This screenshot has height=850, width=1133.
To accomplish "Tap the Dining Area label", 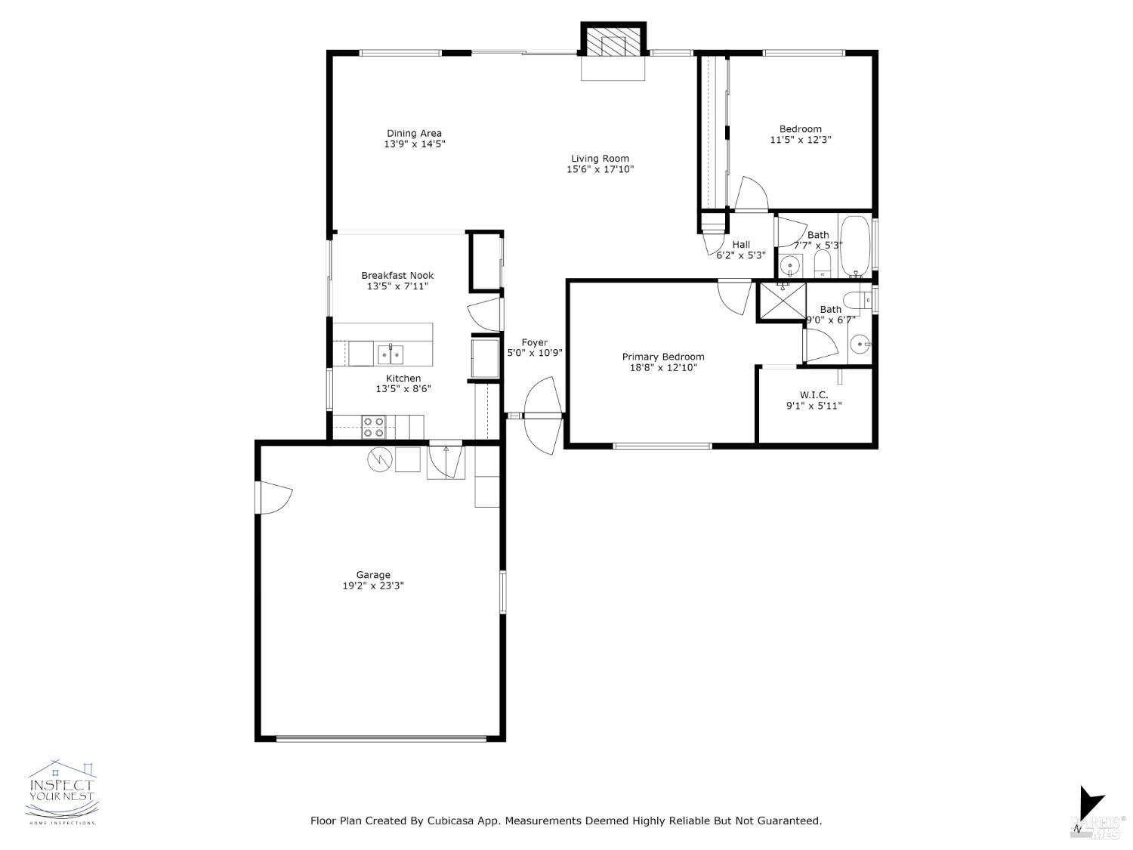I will pos(414,134).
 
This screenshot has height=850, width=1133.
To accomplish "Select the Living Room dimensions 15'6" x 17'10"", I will pos(600,169).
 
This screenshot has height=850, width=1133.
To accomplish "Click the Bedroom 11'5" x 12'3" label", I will pos(801,134).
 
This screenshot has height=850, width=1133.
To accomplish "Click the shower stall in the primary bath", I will pos(782,301).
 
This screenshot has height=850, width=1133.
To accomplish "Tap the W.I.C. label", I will pos(813,395).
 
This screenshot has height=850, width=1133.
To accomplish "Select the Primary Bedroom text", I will pos(662,357).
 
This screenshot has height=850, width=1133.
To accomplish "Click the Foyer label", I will pos(534,342).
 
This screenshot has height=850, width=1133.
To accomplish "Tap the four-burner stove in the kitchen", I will pos(374,428).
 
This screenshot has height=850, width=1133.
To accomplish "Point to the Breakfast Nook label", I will pos(397,276).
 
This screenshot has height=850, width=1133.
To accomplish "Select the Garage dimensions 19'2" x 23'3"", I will pos(373,586).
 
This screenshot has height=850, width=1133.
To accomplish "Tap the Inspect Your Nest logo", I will pos(61,792).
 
